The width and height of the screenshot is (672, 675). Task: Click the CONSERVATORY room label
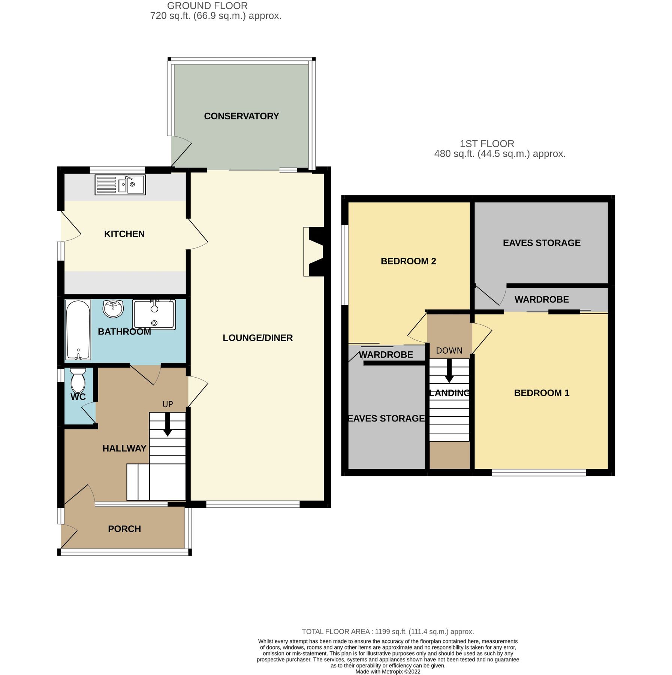[241, 116]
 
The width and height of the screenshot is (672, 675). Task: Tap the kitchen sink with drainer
[120, 185]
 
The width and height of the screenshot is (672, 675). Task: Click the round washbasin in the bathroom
[113, 309]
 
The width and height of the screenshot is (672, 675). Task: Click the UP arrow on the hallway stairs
[168, 424]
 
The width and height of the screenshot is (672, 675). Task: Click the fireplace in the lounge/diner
[314, 252]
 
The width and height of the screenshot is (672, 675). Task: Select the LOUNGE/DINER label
[257, 338]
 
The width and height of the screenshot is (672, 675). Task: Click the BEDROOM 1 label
[541, 393]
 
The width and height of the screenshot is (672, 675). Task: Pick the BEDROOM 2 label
[408, 261]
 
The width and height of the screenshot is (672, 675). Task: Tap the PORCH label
[124, 529]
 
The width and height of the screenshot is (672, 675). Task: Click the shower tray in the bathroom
[154, 315]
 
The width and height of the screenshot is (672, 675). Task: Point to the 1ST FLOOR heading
[486, 144]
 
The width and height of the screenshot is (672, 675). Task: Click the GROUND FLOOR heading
[207, 6]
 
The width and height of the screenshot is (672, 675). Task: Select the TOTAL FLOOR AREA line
[388, 631]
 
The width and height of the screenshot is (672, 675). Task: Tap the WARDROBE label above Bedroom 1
[541, 299]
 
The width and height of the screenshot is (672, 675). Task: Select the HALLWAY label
[124, 448]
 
